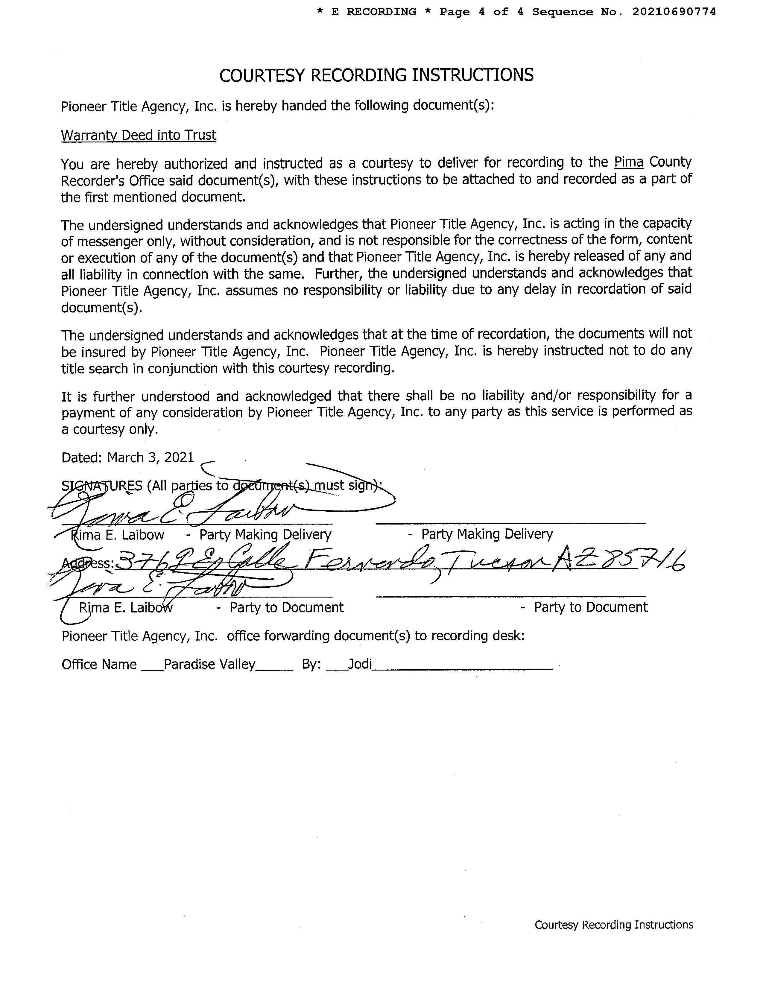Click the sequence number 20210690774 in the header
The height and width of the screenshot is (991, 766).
click(674, 12)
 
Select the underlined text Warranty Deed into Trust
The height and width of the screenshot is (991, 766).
click(139, 135)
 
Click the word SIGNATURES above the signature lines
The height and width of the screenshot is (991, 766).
click(102, 486)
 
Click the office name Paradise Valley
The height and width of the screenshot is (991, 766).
click(210, 664)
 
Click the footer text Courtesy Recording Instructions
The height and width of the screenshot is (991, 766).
click(613, 925)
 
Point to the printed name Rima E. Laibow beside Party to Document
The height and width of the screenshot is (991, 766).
click(126, 608)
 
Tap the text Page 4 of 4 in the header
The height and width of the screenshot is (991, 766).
click(481, 12)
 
